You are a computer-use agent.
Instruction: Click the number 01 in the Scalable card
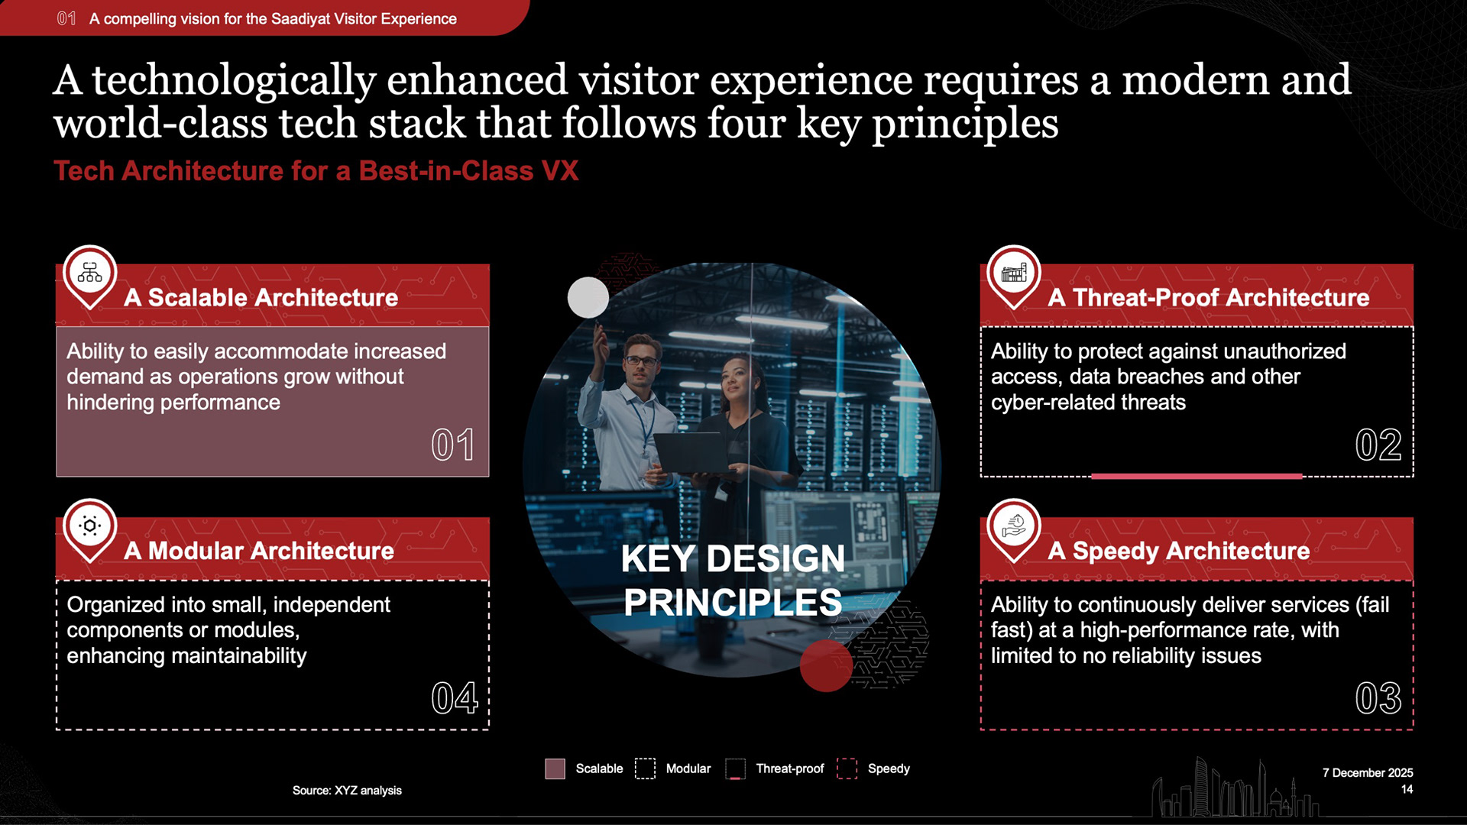coord(453,445)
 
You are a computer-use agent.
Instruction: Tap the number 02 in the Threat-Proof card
coord(1378,445)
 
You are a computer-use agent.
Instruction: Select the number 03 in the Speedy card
coord(1378,698)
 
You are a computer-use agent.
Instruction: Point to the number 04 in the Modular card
coord(455,698)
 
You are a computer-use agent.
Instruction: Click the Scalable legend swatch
coord(555,768)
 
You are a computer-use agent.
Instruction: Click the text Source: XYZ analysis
coord(347,790)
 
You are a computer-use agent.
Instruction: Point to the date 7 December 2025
coord(1368,773)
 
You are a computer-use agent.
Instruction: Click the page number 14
coord(1407,789)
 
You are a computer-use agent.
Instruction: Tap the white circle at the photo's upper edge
coord(588,297)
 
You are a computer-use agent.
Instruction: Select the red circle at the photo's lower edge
coord(826,665)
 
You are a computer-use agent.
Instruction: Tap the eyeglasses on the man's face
coord(641,361)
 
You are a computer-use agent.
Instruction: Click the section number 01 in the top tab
coord(66,18)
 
